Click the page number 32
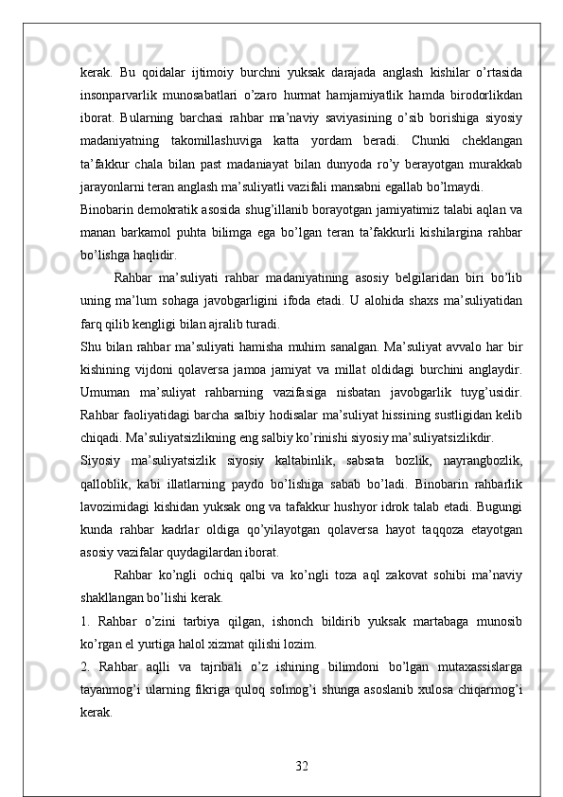pos(301,762)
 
